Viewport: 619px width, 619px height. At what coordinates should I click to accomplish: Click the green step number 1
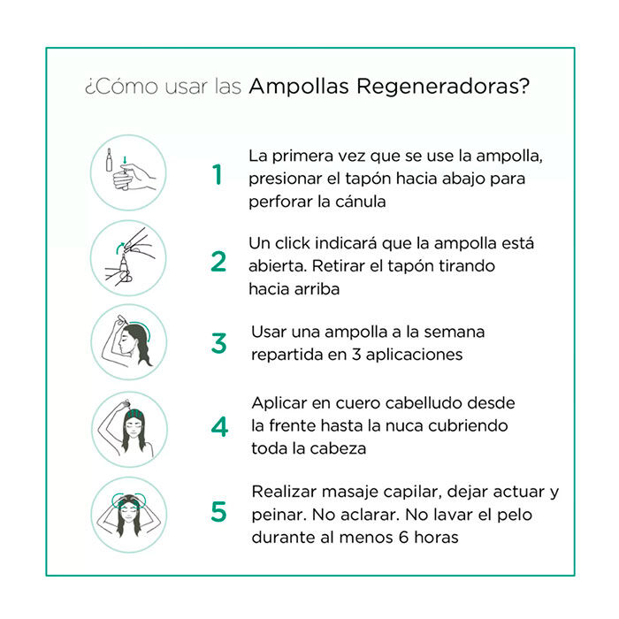pos(218,175)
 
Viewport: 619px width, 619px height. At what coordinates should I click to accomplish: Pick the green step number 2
pos(218,262)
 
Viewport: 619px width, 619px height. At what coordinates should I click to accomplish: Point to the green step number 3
pos(218,343)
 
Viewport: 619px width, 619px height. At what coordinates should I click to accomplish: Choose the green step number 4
pos(218,426)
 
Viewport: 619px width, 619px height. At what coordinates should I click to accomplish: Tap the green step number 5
pos(218,512)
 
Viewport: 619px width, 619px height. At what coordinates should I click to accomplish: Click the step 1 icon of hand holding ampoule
pos(129,172)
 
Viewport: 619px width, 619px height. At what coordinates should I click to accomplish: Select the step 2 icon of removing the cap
pos(129,257)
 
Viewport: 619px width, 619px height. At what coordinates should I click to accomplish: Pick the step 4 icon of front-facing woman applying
pos(129,428)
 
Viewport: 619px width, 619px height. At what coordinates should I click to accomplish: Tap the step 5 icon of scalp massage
pos(129,512)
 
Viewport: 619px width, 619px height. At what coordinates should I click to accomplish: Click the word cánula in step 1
pos(360,201)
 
